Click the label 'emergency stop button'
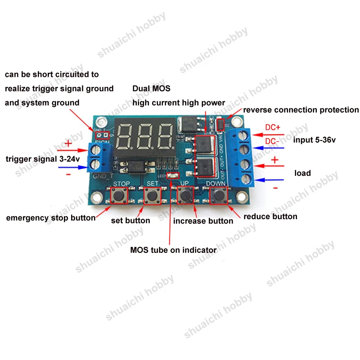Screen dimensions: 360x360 (50, 218)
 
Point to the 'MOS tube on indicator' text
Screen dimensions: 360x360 (173, 250)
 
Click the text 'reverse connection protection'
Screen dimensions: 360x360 (301, 110)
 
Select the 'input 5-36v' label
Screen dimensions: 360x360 (315, 140)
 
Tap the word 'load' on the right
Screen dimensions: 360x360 (302, 173)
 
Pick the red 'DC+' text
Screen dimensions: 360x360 (273, 127)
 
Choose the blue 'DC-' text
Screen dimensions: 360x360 (272, 141)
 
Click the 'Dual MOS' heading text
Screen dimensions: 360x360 (151, 89)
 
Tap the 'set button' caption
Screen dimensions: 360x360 (130, 220)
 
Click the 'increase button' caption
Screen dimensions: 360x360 (203, 220)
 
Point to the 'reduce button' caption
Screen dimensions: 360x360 (270, 216)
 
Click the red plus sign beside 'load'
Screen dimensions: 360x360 (274, 160)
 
